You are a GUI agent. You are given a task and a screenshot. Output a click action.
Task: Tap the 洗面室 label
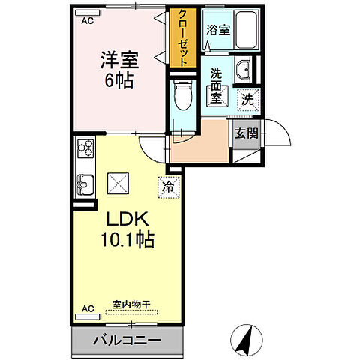coord(216,85)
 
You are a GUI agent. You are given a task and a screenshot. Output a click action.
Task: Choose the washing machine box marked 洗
coord(247,97)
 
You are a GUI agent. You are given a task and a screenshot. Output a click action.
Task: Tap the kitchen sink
coord(84,181)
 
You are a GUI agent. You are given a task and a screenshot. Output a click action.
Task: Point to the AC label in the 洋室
coord(87,21)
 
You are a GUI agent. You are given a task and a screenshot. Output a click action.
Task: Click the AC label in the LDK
coord(87,308)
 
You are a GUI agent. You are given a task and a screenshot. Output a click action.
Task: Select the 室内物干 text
coord(131,304)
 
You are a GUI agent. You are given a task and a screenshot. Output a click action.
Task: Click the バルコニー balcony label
coord(126,341)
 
